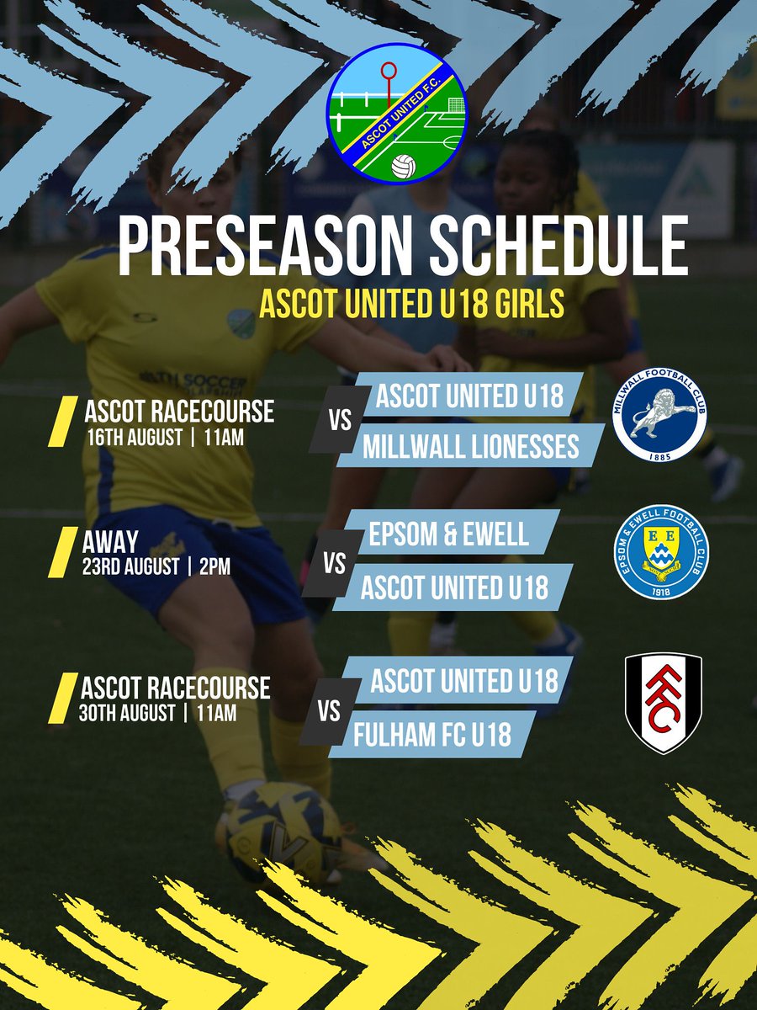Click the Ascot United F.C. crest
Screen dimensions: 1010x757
(x=397, y=115)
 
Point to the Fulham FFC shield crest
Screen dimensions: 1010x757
(x=663, y=703)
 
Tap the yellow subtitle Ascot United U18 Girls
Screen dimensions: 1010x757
(x=410, y=305)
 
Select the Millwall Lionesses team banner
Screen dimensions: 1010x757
(x=471, y=446)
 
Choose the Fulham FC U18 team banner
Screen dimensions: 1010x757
(x=432, y=734)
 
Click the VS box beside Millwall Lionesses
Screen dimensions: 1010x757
(x=340, y=421)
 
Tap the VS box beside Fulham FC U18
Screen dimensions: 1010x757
(x=330, y=712)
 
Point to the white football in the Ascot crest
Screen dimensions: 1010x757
(x=404, y=165)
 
